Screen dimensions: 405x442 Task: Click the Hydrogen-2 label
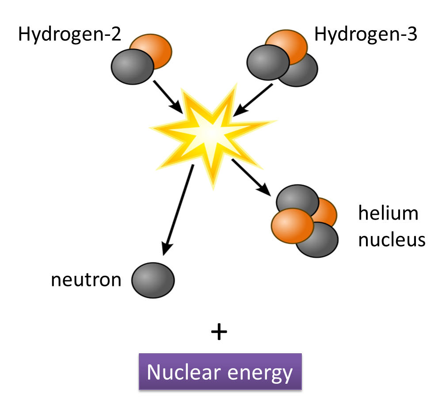69,34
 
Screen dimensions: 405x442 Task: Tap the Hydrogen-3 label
365,34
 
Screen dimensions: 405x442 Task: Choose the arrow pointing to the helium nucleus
251,177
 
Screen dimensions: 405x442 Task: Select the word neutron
86,280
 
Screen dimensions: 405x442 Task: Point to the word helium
388,214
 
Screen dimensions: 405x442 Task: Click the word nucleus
392,239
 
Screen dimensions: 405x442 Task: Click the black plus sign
220,332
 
